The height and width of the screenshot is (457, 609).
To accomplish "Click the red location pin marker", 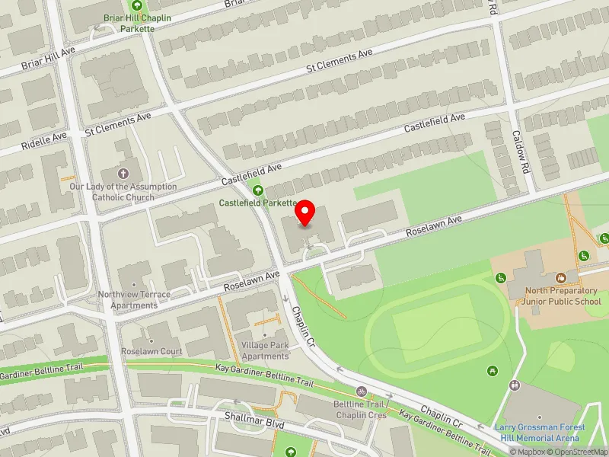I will pos(305,213).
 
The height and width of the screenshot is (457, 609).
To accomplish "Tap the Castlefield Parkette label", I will pos(257,203).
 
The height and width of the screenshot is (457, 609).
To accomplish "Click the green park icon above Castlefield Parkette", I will pos(257,190).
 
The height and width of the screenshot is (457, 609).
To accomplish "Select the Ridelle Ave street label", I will pos(44,139).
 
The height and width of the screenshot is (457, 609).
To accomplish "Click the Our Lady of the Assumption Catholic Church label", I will pos(123,192).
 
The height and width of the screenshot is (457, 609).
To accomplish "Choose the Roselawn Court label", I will pos(151,352).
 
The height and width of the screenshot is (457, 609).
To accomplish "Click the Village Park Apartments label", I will pos(265,351).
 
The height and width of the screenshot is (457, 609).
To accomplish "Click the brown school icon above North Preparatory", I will pos(560,279).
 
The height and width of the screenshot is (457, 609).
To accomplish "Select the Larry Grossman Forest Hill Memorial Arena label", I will pos(539,432).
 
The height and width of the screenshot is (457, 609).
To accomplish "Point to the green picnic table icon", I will pos(493,370).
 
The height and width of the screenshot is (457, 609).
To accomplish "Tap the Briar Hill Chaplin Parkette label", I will pos(128,23).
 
